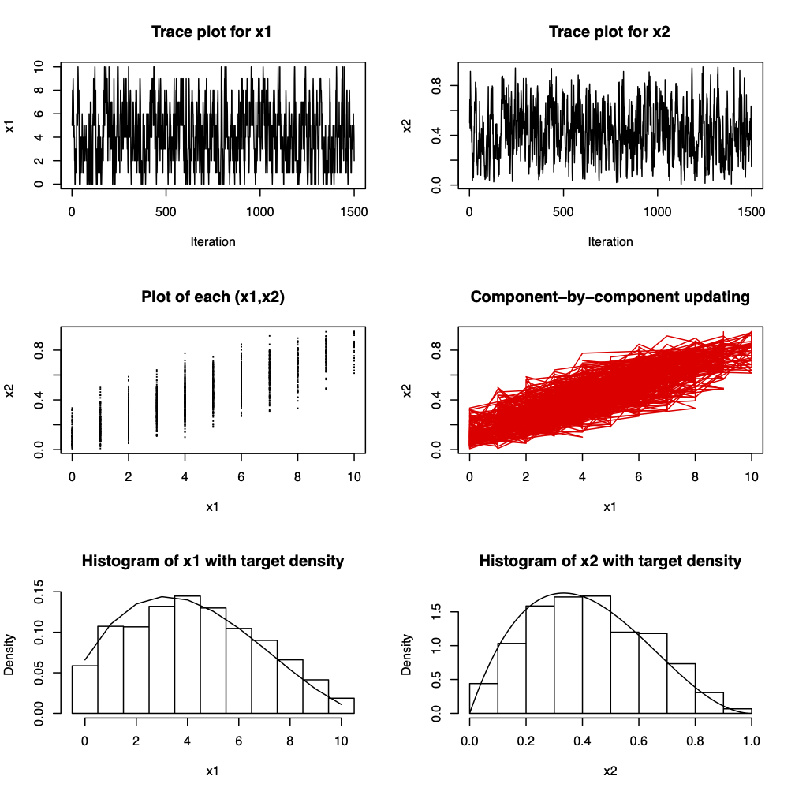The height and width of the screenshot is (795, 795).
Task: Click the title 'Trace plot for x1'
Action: pyautogui.click(x=213, y=33)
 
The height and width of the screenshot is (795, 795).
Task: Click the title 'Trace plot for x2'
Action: pyautogui.click(x=610, y=33)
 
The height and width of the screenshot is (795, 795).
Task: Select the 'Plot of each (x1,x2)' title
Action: pyautogui.click(x=213, y=297)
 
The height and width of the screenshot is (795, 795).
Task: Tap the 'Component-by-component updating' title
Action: pyautogui.click(x=610, y=297)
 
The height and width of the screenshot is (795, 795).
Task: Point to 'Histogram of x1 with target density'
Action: pyautogui.click(x=213, y=562)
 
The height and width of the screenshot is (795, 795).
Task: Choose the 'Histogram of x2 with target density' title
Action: pyautogui.click(x=610, y=562)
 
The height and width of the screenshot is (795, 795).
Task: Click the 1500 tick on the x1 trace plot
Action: pyautogui.click(x=353, y=212)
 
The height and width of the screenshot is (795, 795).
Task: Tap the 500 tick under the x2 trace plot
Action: pyautogui.click(x=563, y=212)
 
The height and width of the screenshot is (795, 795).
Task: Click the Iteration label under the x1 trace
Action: pyautogui.click(x=213, y=242)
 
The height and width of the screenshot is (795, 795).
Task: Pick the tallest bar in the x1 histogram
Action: pyautogui.click(x=188, y=655)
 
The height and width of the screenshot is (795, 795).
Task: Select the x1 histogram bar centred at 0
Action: pyautogui.click(x=85, y=689)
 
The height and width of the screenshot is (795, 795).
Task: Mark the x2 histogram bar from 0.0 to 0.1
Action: pyautogui.click(x=483, y=698)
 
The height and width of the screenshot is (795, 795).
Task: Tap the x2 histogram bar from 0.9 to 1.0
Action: pyautogui.click(x=737, y=711)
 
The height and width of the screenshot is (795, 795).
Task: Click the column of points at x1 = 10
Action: pyautogui.click(x=354, y=351)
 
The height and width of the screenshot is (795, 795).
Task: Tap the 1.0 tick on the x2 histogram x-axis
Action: pyautogui.click(x=752, y=741)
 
